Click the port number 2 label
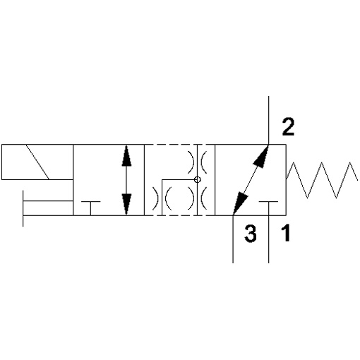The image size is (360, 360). tap(289, 127)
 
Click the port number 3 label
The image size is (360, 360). tap(251, 234)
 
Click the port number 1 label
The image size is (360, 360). tap(286, 233)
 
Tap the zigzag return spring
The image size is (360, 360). tap(322, 180)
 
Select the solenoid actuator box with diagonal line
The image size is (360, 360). tap(37, 162)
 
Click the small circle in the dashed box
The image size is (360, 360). tap(198, 180)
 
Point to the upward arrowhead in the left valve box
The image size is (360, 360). tap(126, 156)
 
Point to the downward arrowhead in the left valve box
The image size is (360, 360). tap(126, 204)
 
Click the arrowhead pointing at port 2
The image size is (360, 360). tap(261, 156)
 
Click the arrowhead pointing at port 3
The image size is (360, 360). tap(241, 203)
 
